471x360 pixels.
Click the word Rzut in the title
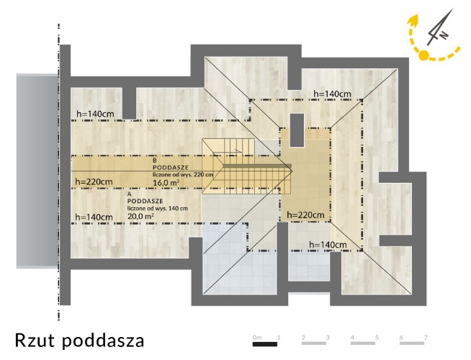35,340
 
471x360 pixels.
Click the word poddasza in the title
103,341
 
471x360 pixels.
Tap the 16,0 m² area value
166,182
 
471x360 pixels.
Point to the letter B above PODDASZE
155,161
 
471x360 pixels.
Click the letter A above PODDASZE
130,194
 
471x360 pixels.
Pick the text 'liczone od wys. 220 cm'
183,174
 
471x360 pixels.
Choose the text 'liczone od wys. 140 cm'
158,208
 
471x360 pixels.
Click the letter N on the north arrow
444,35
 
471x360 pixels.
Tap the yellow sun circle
423,55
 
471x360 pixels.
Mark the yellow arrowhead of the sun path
413,19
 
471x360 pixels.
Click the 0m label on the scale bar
257,338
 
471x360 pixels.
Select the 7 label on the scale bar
426,338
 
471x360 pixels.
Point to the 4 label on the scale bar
352,338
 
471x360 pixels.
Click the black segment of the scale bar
264,344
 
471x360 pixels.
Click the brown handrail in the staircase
257,166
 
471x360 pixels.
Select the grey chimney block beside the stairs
297,130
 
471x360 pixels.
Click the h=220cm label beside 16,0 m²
94,181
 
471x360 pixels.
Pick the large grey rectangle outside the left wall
37,171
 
